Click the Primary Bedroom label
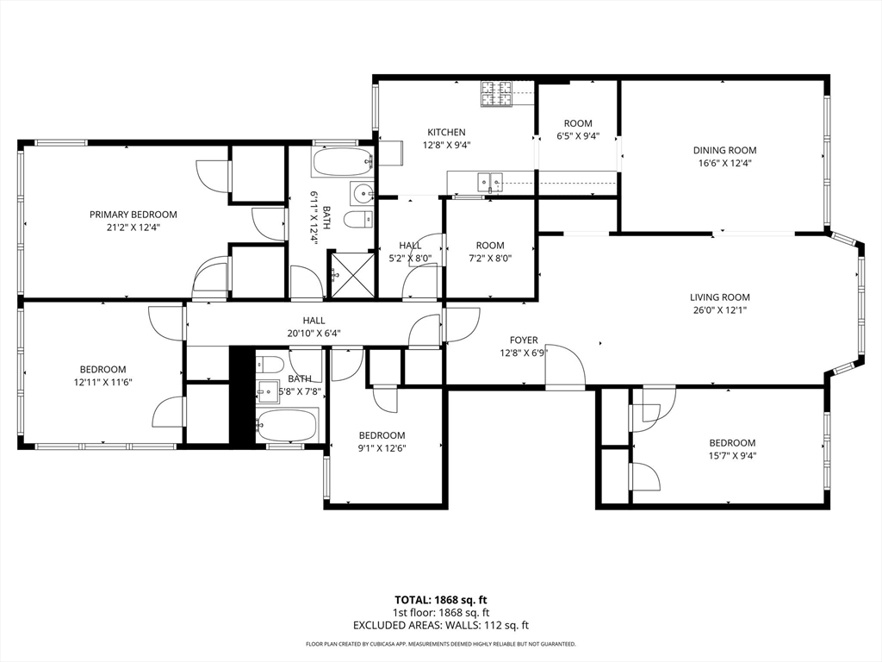coord(134,215)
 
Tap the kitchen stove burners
coord(497,93)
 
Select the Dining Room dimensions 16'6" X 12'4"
coord(724,163)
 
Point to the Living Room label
coord(720,297)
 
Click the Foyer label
coord(524,340)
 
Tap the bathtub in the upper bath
coord(342,162)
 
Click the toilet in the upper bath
coord(358,220)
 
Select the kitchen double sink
coord(490,181)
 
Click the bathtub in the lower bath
coord(287,424)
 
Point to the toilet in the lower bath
coord(269,365)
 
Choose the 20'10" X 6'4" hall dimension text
coord(314,334)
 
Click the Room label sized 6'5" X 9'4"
coord(578,123)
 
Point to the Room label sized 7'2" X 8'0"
coord(490,246)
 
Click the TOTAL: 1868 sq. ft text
coord(440,600)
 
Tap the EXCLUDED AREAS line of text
coord(441,626)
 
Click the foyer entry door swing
coord(565,365)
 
